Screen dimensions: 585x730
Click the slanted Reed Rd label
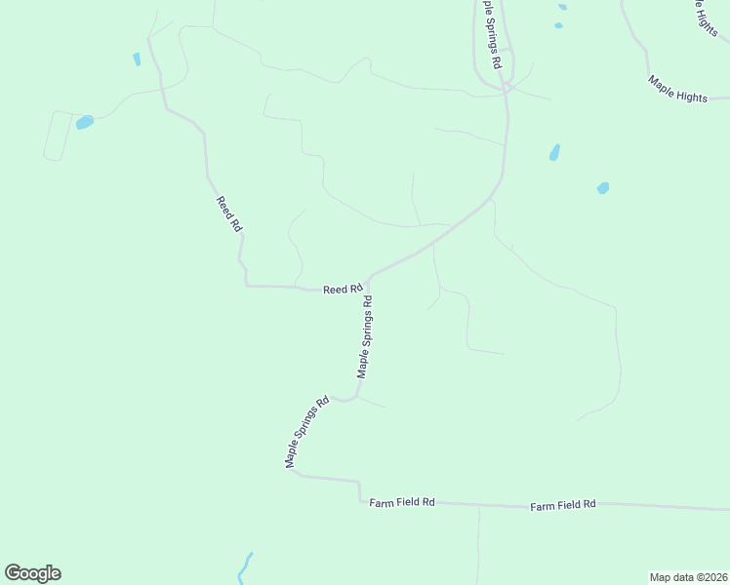(229, 213)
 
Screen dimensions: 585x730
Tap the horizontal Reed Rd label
(343, 289)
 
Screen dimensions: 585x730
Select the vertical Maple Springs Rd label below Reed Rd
(366, 337)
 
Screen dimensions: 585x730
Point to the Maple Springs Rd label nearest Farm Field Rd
(306, 432)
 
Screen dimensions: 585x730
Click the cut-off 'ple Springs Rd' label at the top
(489, 34)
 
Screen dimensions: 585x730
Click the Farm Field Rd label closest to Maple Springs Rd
(402, 502)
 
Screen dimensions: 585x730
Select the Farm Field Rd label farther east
(563, 505)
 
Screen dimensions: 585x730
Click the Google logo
(32, 573)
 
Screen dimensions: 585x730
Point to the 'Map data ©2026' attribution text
(688, 576)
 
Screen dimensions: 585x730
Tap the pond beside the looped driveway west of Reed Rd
(85, 123)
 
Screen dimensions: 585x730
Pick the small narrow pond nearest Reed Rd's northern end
(137, 58)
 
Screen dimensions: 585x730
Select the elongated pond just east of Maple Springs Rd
(554, 152)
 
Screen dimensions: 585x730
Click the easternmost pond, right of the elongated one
(603, 188)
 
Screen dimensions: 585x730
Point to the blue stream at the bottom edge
(244, 567)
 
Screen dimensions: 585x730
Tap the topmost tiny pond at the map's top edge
(562, 7)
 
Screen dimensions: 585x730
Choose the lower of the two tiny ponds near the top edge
(558, 25)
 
